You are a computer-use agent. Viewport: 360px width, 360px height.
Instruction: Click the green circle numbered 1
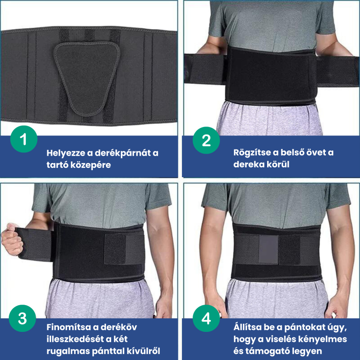[23, 139]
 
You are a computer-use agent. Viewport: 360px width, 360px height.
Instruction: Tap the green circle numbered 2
[206, 140]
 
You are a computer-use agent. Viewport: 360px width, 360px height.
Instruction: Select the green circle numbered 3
[22, 318]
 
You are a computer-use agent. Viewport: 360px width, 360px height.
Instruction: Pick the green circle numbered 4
[206, 318]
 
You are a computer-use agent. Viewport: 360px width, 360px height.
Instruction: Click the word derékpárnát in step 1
[123, 153]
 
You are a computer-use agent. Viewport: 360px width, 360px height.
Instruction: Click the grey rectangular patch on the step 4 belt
[269, 249]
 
